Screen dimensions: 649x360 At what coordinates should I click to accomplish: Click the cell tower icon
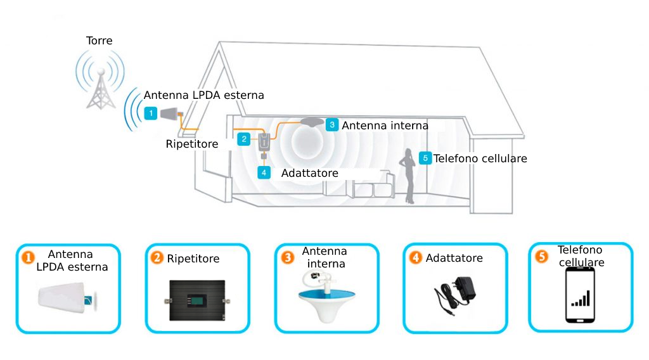[101, 88]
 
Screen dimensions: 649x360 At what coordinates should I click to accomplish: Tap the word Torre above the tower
[99, 41]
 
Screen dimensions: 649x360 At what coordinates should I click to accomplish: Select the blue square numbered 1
[151, 113]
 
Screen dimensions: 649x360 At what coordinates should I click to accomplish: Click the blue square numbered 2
[244, 139]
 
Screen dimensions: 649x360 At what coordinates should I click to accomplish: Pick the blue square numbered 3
[332, 125]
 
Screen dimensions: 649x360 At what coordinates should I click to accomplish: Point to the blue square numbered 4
[264, 172]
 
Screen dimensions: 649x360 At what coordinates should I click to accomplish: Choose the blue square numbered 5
[425, 158]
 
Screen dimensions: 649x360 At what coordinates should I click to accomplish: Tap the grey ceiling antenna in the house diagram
[312, 122]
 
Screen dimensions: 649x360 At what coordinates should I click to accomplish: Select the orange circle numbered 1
[28, 258]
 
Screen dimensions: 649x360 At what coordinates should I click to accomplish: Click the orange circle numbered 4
[415, 258]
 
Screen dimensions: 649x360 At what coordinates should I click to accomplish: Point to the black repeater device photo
[197, 300]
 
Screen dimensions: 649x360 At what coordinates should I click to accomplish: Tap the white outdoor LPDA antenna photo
[68, 297]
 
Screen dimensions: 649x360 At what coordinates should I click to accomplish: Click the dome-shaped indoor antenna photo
[326, 296]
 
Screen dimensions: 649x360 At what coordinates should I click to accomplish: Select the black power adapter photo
[454, 295]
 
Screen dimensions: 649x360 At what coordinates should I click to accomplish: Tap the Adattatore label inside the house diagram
[309, 173]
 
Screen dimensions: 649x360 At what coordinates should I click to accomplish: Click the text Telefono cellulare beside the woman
[480, 158]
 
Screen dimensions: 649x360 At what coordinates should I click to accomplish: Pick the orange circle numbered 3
[287, 258]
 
